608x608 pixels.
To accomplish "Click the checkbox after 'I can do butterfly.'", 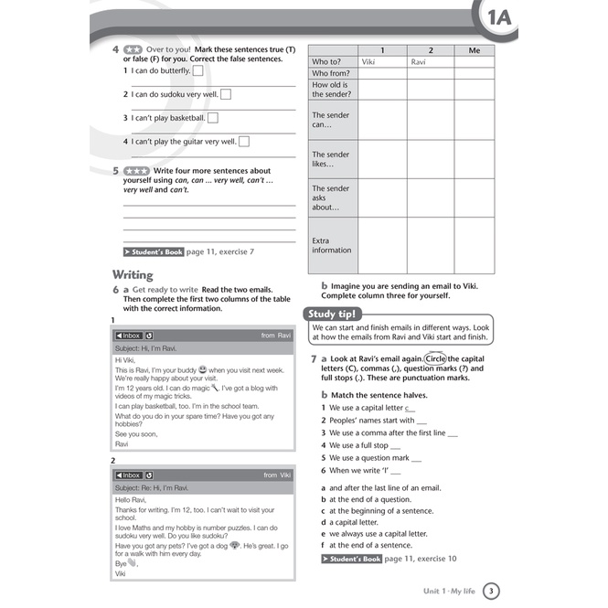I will [x=198, y=70].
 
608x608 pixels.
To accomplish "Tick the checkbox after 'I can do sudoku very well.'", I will [x=226, y=93].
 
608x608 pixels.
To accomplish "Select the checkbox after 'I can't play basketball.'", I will [x=213, y=117].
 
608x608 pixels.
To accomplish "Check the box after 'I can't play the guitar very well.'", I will [x=244, y=141].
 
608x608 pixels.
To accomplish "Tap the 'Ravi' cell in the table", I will [x=419, y=62].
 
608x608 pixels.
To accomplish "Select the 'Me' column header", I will [x=473, y=50].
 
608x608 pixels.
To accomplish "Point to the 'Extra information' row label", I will [x=331, y=245].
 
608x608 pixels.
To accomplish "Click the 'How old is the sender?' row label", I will [x=331, y=89].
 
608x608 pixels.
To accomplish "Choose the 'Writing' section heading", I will [x=133, y=274].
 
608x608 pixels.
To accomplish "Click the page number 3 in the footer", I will [x=491, y=591].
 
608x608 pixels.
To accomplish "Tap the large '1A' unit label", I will [x=499, y=19].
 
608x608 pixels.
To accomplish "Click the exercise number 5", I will [x=115, y=170].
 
